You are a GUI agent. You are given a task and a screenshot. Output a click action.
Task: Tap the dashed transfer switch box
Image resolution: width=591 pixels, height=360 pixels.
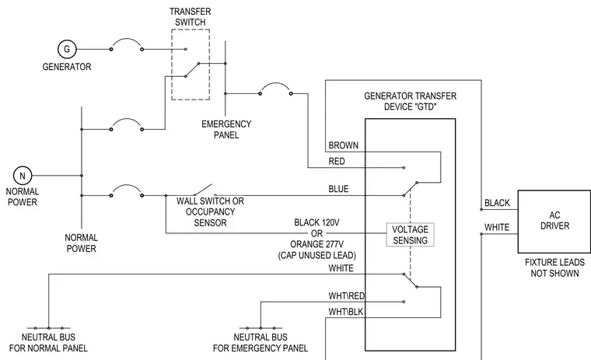pos(172,65)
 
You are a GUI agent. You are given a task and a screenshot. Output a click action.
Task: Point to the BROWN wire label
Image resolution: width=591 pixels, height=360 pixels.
pos(343,145)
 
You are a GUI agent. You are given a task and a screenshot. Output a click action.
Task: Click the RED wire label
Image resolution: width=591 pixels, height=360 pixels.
pos(337,162)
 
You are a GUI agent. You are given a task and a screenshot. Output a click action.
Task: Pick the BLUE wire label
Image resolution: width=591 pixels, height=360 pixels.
pos(338,189)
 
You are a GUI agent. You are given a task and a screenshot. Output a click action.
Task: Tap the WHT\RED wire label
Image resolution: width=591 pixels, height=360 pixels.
pos(347,296)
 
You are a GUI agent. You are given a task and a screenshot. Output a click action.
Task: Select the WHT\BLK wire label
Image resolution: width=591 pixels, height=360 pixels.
pos(346,312)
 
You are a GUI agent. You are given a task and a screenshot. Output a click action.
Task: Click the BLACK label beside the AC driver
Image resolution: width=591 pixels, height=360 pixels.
pos(497,203)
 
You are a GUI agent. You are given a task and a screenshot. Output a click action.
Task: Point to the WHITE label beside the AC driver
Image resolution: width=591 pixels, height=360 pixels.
pos(497,227)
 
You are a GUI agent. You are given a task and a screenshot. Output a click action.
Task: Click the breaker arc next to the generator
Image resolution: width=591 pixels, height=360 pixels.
pos(127,39)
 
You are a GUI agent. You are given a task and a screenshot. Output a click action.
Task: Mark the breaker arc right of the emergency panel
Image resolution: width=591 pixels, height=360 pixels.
pos(275,83)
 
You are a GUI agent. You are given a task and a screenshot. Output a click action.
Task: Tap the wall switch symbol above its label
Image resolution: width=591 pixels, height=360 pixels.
pos(203,190)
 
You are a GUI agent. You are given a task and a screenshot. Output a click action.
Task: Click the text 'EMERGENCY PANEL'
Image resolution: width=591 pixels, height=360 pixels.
pos(226,129)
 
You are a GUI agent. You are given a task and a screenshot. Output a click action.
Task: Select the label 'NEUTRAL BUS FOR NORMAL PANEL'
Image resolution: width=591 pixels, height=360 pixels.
pos(48,343)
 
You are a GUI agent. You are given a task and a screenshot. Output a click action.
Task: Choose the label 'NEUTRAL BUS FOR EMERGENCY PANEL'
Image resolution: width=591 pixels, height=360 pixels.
pos(261,343)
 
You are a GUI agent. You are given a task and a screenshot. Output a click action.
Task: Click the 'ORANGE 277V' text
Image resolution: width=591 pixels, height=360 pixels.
pos(316,244)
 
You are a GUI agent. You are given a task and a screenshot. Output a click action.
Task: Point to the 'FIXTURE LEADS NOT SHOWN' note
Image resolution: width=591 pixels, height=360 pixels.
pos(554,267)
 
